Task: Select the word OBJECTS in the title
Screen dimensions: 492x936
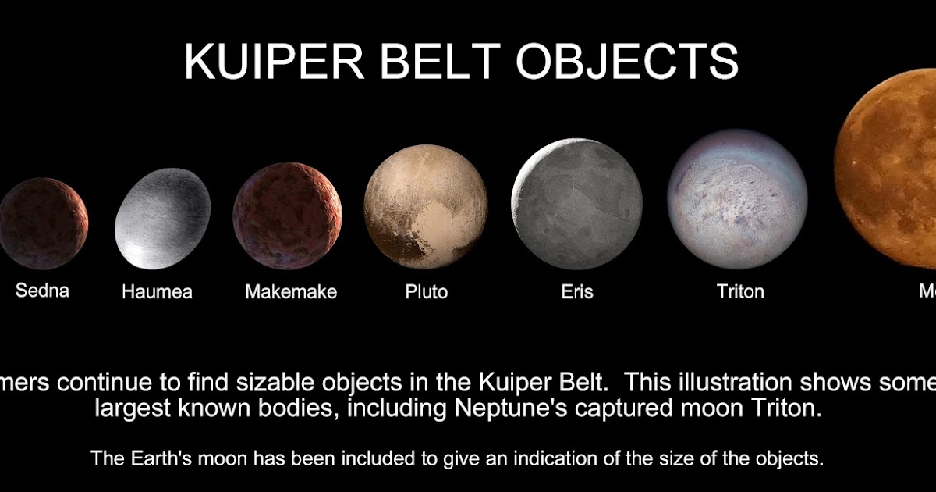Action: tap(627, 62)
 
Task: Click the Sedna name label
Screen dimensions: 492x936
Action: tap(42, 291)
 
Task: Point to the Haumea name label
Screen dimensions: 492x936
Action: tap(157, 293)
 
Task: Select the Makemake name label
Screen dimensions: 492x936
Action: tap(291, 292)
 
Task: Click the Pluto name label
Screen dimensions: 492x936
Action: tap(427, 292)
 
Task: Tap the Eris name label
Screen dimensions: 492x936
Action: tap(577, 292)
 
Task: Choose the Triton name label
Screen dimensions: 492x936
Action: tap(740, 292)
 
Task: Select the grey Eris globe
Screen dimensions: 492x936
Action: tap(577, 205)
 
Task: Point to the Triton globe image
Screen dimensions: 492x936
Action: tap(737, 198)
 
